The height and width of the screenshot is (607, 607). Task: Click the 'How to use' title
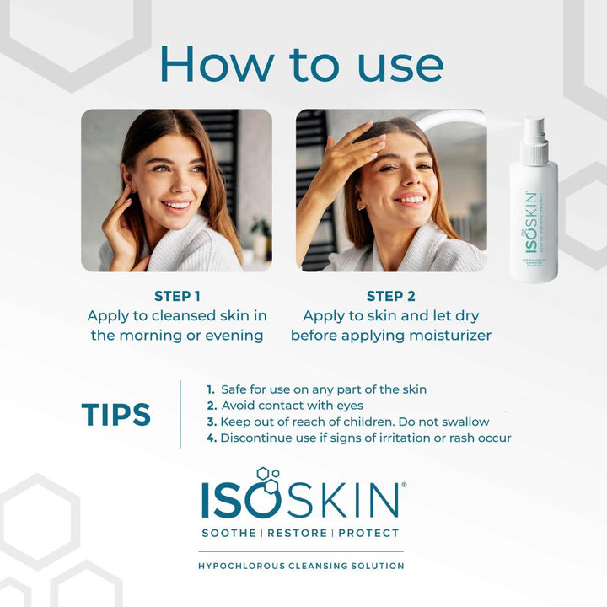click(301, 64)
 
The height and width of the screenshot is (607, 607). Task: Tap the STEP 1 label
click(177, 296)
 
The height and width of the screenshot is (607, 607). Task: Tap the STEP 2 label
click(390, 296)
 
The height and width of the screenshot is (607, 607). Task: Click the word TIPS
click(115, 415)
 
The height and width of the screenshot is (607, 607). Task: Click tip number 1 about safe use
click(316, 389)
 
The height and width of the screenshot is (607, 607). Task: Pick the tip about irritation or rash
click(358, 438)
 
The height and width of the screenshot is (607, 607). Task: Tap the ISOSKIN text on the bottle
click(531, 223)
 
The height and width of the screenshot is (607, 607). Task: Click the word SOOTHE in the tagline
click(229, 533)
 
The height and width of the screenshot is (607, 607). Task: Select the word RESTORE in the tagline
click(298, 533)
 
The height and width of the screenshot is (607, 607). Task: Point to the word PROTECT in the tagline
click(368, 533)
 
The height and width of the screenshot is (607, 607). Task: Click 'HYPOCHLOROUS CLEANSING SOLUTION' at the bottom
click(301, 566)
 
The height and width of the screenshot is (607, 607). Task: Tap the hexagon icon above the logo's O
click(266, 478)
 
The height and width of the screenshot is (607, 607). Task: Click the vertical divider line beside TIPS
click(180, 414)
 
